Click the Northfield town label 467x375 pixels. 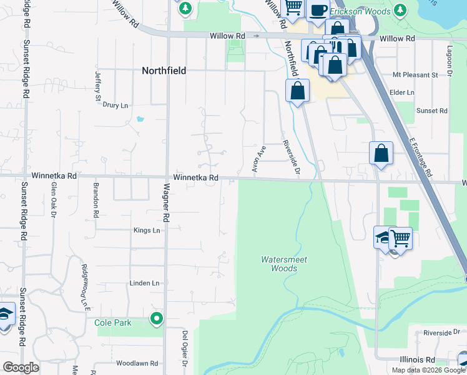coord(164,71)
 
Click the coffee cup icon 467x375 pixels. coord(318,11)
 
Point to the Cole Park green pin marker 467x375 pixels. coord(156,319)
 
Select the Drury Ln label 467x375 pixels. coord(116,106)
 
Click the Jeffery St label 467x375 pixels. coord(97,86)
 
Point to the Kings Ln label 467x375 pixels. coord(147,231)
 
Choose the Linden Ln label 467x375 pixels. coord(144,283)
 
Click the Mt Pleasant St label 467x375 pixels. coord(415,75)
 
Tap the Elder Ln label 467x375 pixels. coord(401,92)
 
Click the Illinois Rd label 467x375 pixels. coord(417,360)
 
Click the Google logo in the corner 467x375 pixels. coord(21,367)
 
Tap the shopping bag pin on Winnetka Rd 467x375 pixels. coord(381,153)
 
